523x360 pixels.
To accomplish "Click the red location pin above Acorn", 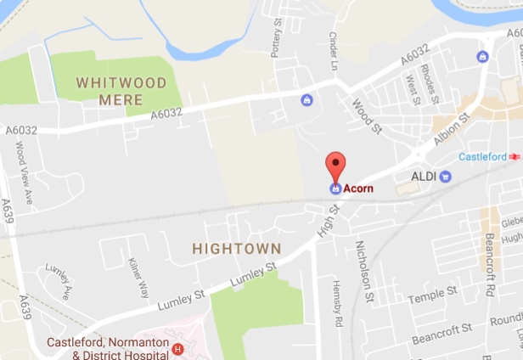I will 336,163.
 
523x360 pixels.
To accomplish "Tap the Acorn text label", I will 359,188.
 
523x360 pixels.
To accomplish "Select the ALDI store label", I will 423,176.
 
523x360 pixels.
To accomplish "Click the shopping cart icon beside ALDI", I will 446,176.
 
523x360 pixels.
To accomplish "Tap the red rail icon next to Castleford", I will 515,157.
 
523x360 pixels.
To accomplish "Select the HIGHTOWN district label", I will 236,249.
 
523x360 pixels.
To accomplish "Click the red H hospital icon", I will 177,348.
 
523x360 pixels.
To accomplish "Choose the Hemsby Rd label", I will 337,303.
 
